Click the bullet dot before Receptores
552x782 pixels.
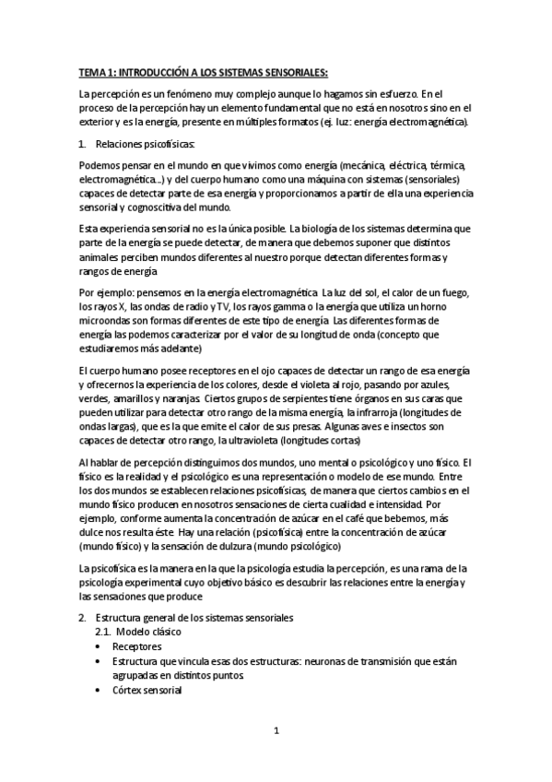click(99, 647)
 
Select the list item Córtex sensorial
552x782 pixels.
click(147, 689)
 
